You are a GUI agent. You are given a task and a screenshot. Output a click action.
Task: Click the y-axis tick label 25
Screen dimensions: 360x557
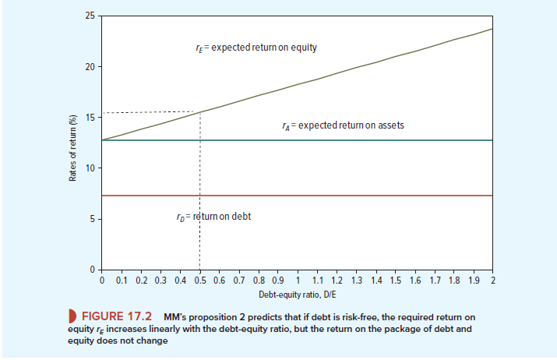90,16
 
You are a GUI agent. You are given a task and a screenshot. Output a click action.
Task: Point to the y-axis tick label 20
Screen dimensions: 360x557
90,67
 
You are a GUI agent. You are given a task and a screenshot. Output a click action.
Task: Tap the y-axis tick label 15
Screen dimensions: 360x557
90,118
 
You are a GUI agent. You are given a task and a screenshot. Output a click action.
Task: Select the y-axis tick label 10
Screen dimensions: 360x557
90,168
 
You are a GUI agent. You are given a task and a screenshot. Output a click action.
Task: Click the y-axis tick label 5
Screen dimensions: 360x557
93,219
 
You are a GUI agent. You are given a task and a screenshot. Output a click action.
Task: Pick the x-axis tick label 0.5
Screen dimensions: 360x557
199,279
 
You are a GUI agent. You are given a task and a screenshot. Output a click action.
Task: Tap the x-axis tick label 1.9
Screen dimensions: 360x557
474,279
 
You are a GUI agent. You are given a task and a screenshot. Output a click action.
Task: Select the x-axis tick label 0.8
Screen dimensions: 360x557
259,279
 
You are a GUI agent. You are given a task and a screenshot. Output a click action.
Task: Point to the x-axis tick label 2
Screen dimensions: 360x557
494,279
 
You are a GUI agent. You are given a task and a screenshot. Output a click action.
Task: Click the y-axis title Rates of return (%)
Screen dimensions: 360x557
72,147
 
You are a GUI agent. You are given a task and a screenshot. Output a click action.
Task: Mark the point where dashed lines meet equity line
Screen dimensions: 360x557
200,112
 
